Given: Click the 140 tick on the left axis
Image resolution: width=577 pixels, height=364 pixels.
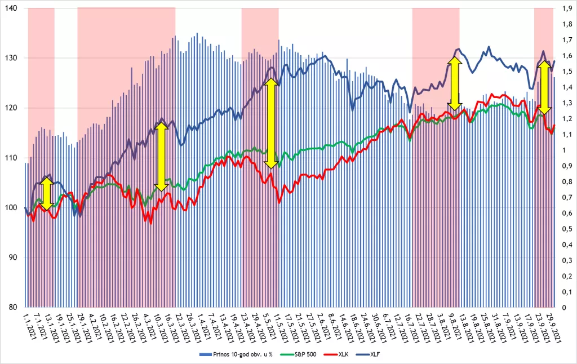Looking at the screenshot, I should tap(12, 8).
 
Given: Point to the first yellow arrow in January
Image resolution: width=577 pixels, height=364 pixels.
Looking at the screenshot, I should tap(47, 192).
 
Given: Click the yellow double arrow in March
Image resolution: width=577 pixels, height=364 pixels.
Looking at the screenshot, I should tap(161, 154).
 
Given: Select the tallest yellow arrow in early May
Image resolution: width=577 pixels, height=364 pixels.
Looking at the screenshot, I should tap(272, 123).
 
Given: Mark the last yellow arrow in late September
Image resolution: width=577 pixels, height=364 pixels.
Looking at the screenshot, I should tap(544, 88).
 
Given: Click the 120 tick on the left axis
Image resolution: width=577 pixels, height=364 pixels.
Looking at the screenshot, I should tap(12, 108).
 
